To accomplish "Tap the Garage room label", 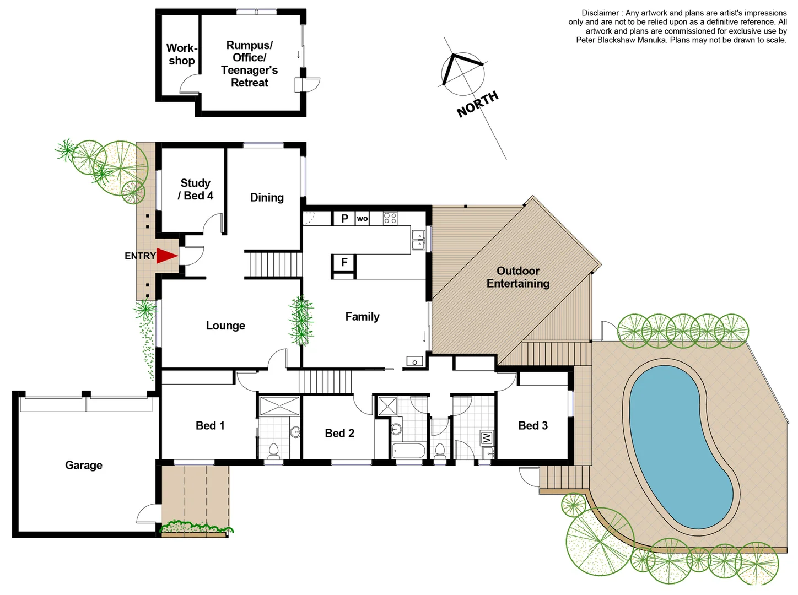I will [84, 465].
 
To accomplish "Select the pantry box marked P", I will [344, 218].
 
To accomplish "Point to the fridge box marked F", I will [344, 262].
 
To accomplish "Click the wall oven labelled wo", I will [362, 218].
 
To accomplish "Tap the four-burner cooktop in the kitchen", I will [390, 218].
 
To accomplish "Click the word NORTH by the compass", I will [477, 104].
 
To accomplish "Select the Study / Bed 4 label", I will [195, 189].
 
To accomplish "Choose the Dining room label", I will [267, 197].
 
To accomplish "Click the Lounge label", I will [225, 326].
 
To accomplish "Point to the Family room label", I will [362, 316].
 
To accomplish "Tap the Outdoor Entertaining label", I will [518, 277].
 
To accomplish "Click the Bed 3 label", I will [533, 425].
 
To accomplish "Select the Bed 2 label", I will [339, 433].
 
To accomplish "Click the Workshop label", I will [181, 54].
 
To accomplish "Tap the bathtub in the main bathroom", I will [409, 451].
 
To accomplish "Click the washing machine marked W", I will [487, 438].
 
